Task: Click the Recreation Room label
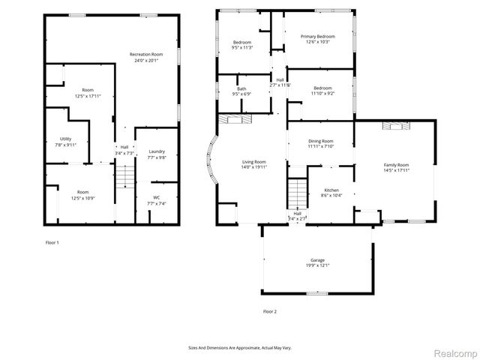point(146,55)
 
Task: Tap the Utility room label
point(65,139)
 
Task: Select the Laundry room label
point(156,151)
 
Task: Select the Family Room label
point(396,164)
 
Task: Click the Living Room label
point(253,162)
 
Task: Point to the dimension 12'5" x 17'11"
point(88,96)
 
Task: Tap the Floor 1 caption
point(51,242)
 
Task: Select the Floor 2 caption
point(269,311)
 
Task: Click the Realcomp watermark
point(456,351)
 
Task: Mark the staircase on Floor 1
point(124,176)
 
